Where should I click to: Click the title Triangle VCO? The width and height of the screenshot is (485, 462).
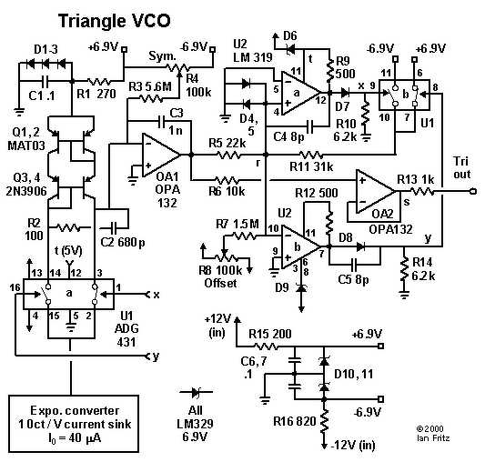tap(115, 22)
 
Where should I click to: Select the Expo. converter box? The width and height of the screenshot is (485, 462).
tap(74, 424)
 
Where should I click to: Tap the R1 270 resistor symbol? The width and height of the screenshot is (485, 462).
tap(99, 82)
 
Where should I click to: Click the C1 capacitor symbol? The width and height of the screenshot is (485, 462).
tap(45, 82)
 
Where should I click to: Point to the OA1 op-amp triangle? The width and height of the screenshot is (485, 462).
tap(161, 155)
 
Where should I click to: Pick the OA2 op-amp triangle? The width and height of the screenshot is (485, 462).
tap(375, 191)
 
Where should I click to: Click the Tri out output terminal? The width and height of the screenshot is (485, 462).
tap(473, 191)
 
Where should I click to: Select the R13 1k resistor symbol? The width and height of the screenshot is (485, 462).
tap(422, 191)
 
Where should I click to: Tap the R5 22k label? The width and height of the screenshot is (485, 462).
tap(227, 143)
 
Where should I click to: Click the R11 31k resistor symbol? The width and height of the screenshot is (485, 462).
tap(310, 155)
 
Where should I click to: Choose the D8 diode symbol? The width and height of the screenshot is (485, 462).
tap(360, 246)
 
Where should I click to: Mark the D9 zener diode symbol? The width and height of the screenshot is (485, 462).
tap(301, 288)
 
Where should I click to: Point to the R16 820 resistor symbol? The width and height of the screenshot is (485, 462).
tap(324, 421)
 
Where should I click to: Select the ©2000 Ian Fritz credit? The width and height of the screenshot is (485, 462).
tap(433, 433)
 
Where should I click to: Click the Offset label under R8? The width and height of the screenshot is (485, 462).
tap(220, 283)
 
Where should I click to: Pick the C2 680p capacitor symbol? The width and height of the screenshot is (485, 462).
tap(113, 228)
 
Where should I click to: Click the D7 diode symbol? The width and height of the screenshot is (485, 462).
tap(345, 92)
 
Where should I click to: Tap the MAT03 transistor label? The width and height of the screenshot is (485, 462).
tap(26, 146)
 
